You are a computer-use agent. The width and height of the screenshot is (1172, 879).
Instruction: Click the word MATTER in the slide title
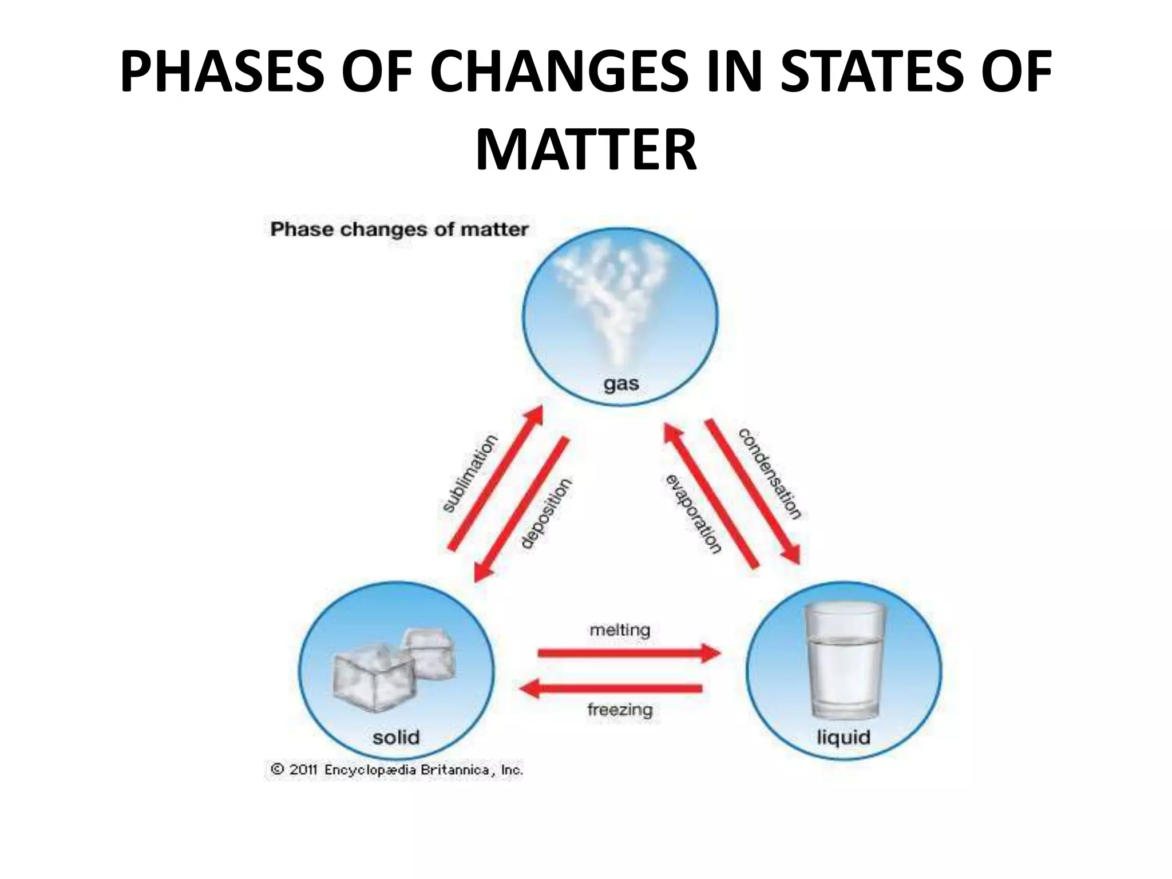click(586, 151)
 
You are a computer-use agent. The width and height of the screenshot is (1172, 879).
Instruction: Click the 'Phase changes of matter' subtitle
click(399, 229)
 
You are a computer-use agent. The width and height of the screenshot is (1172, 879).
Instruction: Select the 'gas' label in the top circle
click(621, 383)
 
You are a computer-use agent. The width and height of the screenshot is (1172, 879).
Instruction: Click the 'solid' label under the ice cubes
click(396, 737)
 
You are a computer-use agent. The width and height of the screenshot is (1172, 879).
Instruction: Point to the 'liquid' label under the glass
click(844, 737)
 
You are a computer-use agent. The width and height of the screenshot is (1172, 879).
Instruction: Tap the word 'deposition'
click(547, 513)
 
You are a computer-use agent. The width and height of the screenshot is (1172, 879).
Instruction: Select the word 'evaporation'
click(693, 514)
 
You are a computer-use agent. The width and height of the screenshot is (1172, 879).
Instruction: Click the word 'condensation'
click(770, 473)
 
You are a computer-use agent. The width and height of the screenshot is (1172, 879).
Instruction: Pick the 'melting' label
click(620, 630)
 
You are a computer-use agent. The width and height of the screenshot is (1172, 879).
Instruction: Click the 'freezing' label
click(620, 710)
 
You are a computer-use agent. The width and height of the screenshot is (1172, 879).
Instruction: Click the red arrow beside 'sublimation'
click(496, 478)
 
